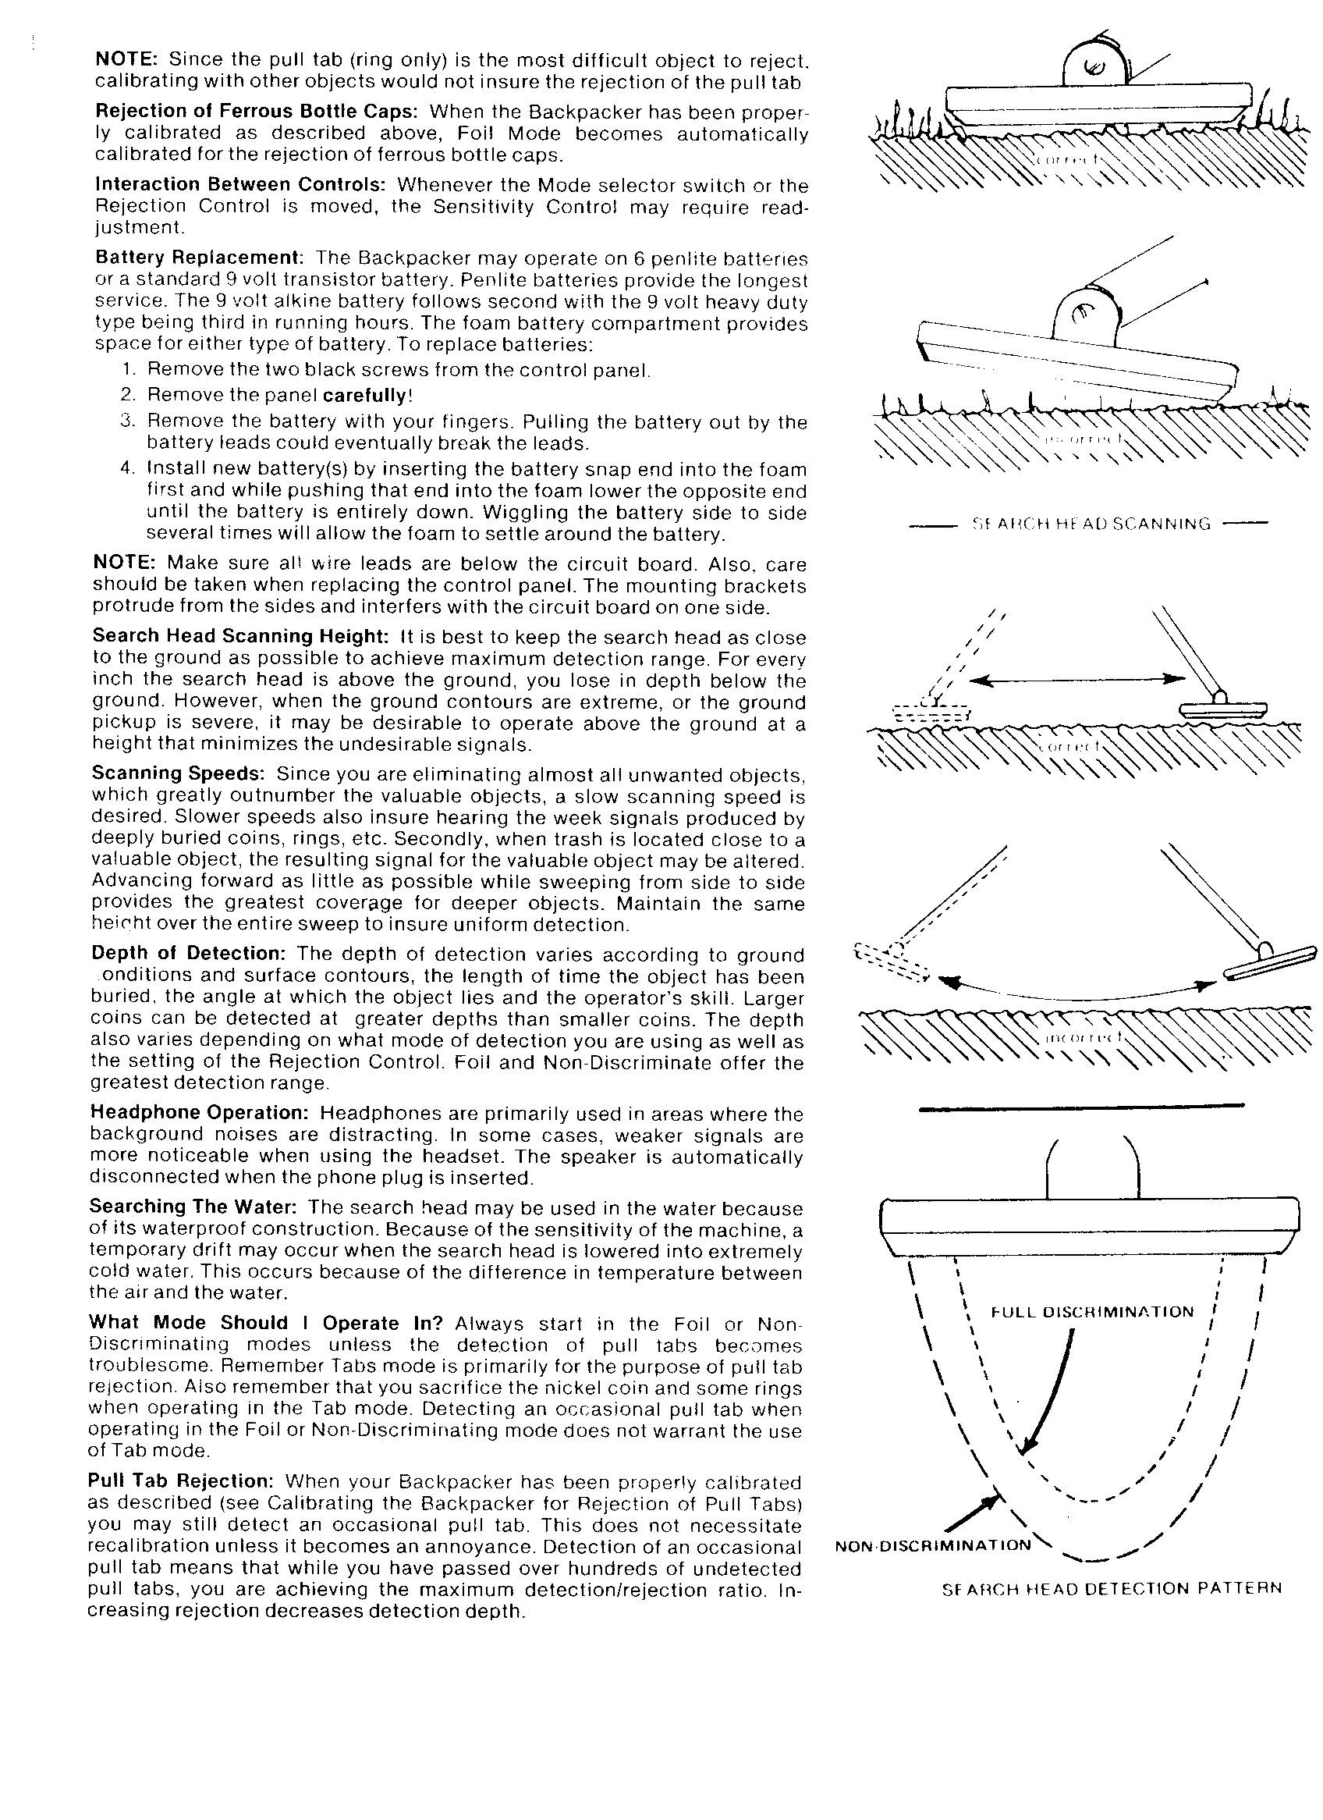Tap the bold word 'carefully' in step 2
pos(367,395)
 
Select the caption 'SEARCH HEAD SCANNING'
pos(1090,524)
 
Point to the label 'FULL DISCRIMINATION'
pos(1092,1312)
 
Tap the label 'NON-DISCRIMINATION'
pos(932,1545)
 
